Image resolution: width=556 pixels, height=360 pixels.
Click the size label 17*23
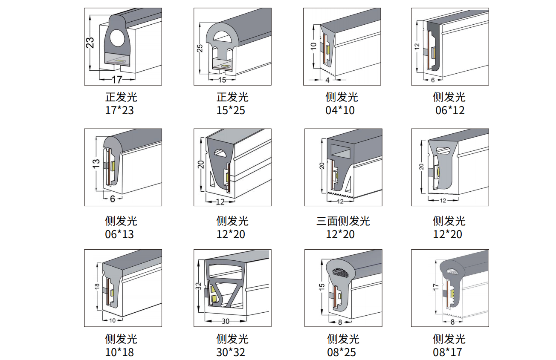(x=119, y=111)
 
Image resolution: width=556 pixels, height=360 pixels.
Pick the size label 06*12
(x=450, y=111)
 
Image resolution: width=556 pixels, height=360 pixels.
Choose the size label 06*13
(x=119, y=234)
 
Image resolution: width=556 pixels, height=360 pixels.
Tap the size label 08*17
(x=450, y=352)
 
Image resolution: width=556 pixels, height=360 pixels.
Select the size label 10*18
(x=119, y=352)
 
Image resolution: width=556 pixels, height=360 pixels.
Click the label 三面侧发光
(x=343, y=221)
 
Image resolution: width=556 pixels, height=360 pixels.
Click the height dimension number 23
(x=90, y=43)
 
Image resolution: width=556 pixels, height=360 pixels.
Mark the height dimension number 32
(x=198, y=286)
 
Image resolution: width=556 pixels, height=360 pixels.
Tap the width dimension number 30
(x=226, y=321)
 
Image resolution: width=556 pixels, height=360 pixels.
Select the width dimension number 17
(x=117, y=79)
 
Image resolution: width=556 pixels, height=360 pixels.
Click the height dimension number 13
(x=96, y=164)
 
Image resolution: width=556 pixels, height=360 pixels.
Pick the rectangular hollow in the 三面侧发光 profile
(x=340, y=149)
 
